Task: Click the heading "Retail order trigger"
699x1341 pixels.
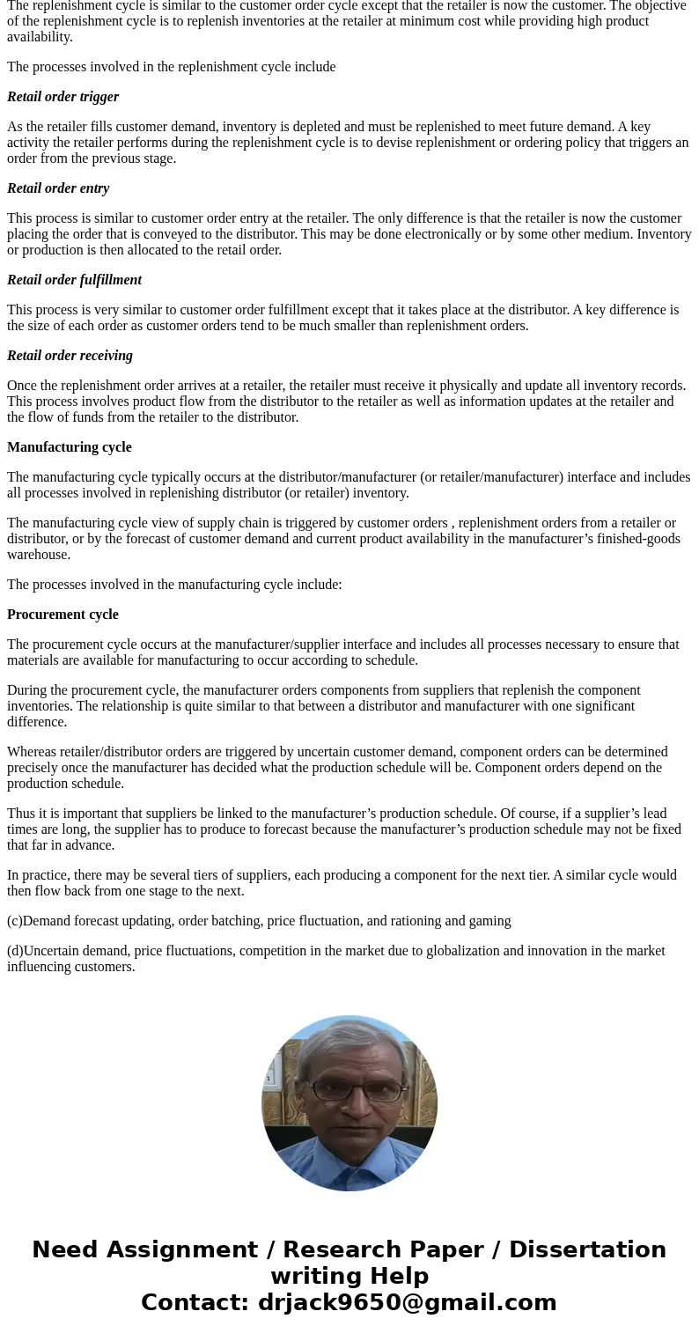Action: click(63, 97)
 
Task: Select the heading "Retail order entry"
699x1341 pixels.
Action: click(58, 188)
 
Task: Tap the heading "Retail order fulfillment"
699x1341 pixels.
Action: click(74, 280)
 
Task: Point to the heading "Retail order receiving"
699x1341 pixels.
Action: click(70, 356)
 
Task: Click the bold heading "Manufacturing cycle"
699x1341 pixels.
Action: click(70, 447)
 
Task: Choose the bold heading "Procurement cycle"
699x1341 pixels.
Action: click(63, 615)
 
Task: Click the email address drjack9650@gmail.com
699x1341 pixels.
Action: click(407, 1302)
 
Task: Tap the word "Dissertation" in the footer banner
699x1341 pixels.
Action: click(587, 1249)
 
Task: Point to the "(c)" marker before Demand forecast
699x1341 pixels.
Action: click(14, 921)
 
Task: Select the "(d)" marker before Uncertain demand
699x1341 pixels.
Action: click(15, 951)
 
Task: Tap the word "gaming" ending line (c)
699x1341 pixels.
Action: click(489, 921)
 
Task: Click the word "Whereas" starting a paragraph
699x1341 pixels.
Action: click(33, 752)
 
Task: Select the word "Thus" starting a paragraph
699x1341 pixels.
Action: click(21, 814)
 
